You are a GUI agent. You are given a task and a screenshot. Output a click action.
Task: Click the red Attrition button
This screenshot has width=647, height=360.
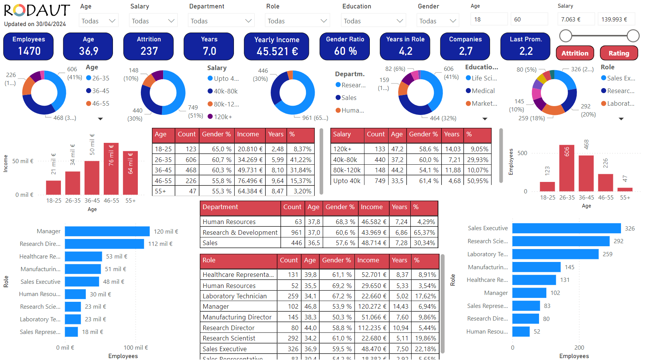(x=575, y=53)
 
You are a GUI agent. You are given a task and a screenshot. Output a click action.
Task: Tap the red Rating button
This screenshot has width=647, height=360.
(x=619, y=53)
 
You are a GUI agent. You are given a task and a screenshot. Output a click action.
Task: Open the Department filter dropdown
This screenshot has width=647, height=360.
(x=221, y=21)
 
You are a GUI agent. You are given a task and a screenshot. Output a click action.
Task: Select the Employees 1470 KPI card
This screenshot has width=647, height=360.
(x=29, y=46)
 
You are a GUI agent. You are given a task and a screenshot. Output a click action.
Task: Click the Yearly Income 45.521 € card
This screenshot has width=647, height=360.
(x=276, y=46)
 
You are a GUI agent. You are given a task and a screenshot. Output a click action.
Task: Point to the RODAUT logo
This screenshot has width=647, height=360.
(x=37, y=11)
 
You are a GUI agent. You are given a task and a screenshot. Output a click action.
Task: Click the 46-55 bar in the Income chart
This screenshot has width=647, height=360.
(x=111, y=169)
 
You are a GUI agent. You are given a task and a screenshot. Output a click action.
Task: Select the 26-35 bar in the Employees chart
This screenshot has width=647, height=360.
(x=567, y=168)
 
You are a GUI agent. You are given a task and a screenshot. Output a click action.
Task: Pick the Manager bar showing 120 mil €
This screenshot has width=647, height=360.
(x=107, y=231)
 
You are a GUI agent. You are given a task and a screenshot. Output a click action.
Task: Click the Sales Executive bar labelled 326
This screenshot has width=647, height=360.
(x=566, y=228)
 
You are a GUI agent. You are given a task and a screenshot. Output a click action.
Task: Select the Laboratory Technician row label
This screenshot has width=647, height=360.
(x=235, y=296)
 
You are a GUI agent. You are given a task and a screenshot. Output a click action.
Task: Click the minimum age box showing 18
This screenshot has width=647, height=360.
(x=489, y=19)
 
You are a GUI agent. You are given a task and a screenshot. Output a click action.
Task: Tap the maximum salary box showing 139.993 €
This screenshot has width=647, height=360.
(x=616, y=19)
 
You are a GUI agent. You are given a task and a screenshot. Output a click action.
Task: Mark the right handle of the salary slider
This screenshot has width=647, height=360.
(x=633, y=36)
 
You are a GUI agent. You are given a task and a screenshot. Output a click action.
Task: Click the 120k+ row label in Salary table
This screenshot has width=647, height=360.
(x=342, y=149)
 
